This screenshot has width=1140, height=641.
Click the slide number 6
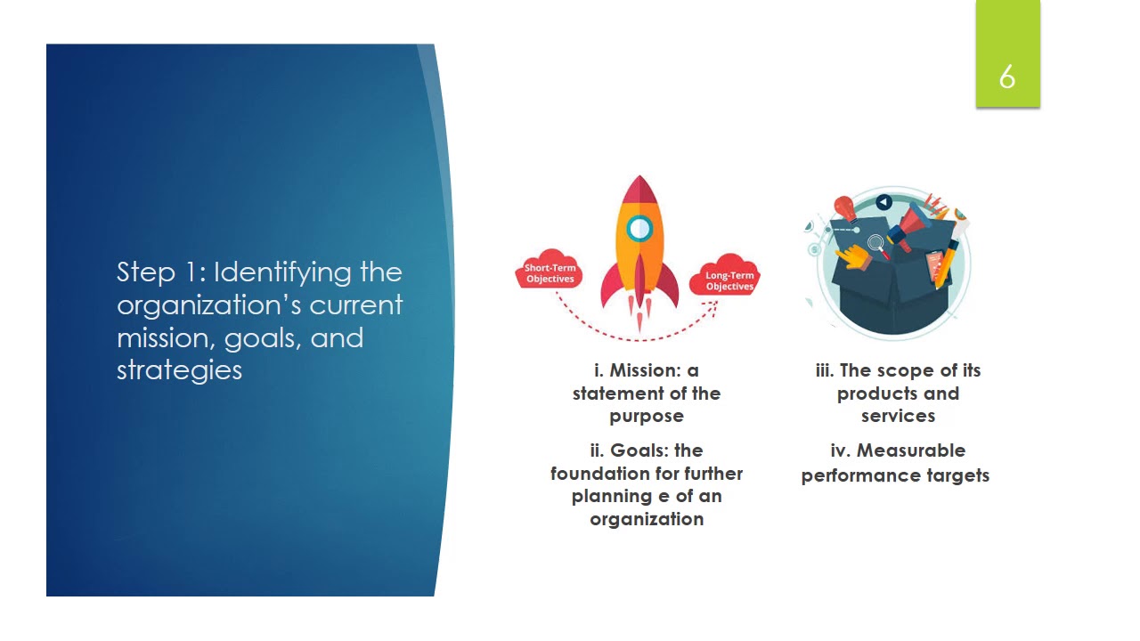(x=1007, y=77)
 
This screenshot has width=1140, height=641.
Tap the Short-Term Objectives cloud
(x=550, y=272)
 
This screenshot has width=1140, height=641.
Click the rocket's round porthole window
(x=639, y=229)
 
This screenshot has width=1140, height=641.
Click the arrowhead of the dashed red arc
(x=712, y=305)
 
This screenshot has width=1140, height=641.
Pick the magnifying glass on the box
(x=876, y=242)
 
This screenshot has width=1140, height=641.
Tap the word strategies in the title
(x=179, y=370)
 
